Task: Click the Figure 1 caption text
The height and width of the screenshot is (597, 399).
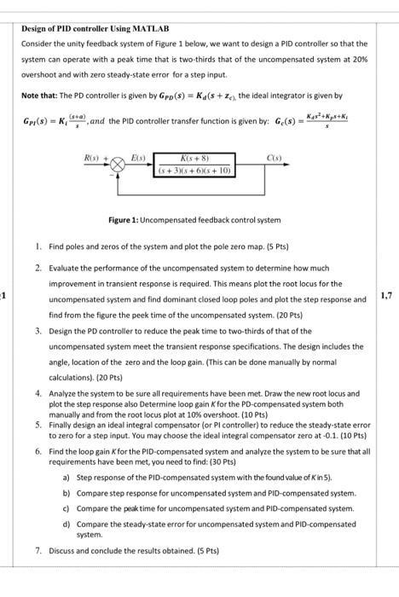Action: coord(194,220)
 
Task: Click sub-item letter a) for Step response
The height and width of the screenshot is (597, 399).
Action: coord(66,479)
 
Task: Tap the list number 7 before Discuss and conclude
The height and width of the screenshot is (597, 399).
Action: coord(39,550)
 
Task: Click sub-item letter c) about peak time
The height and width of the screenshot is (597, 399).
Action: coord(66,507)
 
